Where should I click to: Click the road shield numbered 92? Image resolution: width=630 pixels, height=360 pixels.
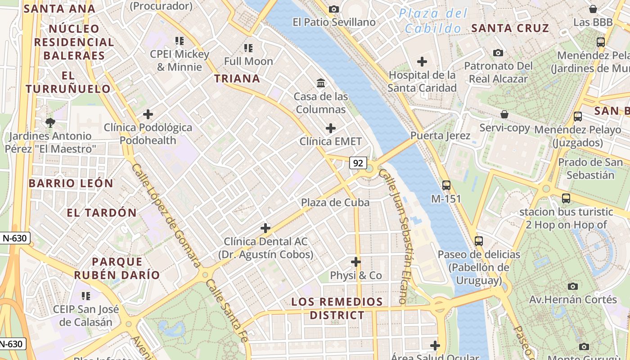click(358, 163)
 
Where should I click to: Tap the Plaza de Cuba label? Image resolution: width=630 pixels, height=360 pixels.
click(335, 202)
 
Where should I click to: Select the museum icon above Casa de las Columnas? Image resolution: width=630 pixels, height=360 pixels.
click(321, 83)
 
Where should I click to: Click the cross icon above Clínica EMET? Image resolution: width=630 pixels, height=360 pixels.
click(331, 128)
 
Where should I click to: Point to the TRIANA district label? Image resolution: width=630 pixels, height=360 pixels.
click(237, 79)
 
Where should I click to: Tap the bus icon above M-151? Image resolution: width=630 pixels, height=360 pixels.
click(446, 185)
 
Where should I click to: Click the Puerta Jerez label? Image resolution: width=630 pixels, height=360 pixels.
click(440, 135)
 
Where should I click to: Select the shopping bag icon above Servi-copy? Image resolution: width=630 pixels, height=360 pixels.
click(504, 114)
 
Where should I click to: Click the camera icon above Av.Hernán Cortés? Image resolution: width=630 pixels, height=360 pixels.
click(572, 286)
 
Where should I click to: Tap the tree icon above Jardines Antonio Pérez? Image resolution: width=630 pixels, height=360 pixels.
click(50, 122)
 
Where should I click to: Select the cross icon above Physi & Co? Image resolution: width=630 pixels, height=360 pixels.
click(356, 261)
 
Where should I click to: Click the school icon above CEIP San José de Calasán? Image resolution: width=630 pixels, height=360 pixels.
click(85, 296)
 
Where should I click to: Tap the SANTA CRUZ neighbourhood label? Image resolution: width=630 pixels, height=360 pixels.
click(510, 28)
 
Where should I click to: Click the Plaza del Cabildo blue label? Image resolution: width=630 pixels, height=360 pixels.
click(433, 21)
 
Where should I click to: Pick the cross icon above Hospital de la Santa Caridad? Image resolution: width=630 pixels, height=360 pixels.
click(422, 61)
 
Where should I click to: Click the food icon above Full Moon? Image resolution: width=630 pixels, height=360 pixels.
click(248, 48)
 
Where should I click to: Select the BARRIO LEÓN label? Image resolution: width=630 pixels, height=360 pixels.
click(71, 184)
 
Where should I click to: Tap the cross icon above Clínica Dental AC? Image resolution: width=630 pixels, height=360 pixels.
click(265, 228)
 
